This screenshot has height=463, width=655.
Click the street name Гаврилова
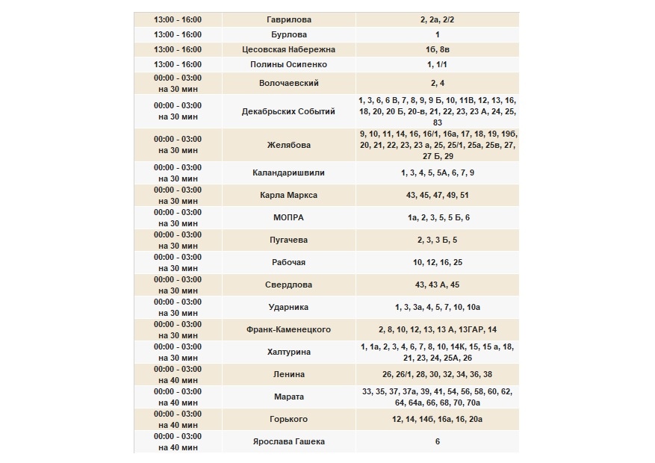tap(288, 19)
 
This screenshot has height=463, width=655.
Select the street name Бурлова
tap(288, 34)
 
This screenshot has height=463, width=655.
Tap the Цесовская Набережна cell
tap(288, 49)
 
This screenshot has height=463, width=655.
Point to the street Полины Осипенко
tap(288, 65)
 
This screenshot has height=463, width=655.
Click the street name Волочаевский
tap(288, 83)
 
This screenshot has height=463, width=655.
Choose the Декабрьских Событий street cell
tap(288, 111)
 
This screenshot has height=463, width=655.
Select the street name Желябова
tap(288, 145)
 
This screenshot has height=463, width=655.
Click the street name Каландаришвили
tap(288, 173)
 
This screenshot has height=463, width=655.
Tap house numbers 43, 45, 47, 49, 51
tap(437, 195)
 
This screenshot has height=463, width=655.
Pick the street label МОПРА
tap(288, 217)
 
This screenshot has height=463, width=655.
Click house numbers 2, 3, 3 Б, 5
tap(437, 240)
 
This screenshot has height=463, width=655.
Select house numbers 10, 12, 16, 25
tap(437, 262)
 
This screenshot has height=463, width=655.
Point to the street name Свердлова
tap(288, 285)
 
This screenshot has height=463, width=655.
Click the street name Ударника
tap(288, 307)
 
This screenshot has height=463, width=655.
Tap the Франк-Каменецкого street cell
tap(288, 329)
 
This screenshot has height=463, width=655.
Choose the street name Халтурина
tap(288, 352)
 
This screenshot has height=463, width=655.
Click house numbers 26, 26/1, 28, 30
tap(437, 374)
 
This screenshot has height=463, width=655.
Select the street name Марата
tap(288, 397)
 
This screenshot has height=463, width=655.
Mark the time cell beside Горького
tap(178, 419)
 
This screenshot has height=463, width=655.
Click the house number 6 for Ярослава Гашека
tap(437, 441)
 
